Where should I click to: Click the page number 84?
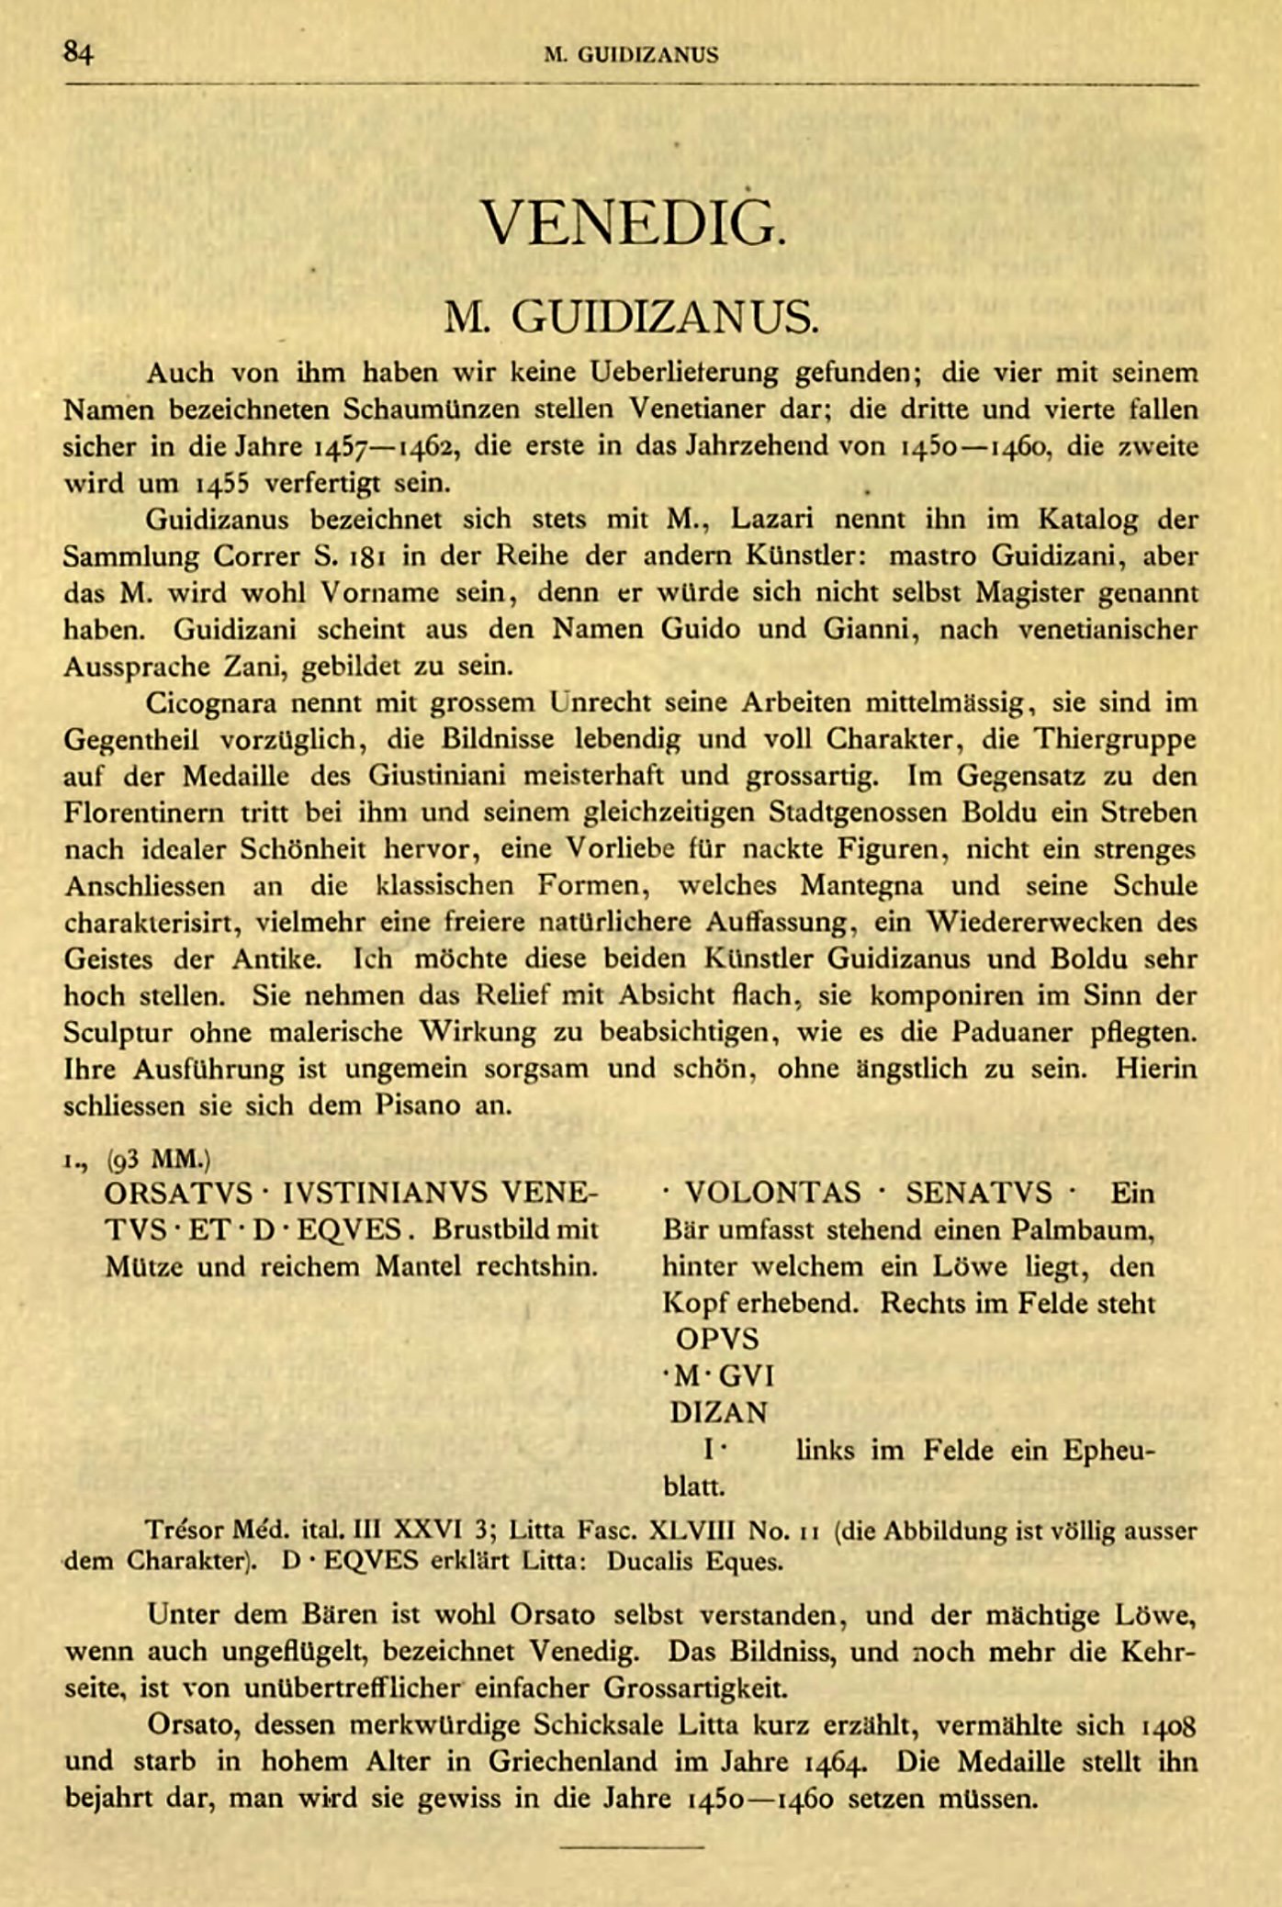(78, 53)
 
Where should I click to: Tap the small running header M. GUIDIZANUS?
(631, 55)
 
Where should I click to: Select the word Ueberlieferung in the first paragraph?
(686, 373)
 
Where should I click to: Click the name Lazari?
(775, 520)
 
